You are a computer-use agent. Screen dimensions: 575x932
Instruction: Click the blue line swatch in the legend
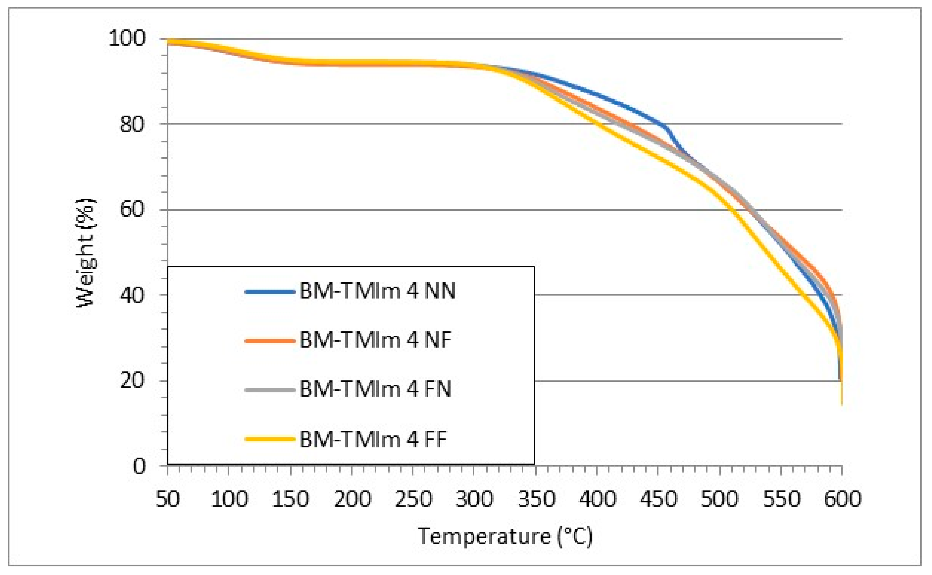(270, 292)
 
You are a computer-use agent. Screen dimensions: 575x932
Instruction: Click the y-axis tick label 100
(127, 38)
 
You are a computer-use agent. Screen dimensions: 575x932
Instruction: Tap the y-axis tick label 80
(132, 124)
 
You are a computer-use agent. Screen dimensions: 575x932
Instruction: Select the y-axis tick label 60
(132, 210)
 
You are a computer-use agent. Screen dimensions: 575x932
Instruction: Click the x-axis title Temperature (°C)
(505, 537)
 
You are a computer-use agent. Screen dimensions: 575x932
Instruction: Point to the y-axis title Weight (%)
(86, 253)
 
